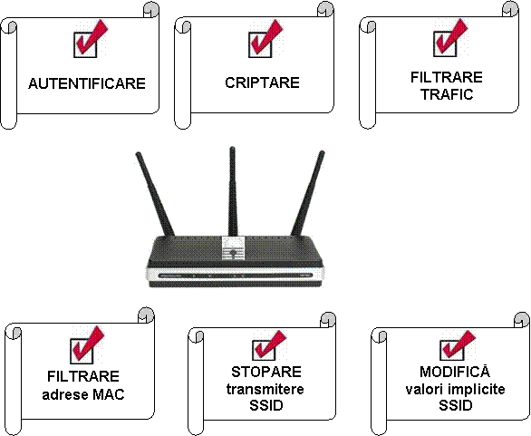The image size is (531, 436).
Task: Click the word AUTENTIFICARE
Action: (87, 83)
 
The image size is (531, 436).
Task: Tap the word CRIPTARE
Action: (263, 82)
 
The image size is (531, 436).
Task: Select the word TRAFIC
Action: (447, 94)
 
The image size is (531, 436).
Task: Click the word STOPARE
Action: (266, 372)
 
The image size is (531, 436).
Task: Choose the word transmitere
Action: (265, 389)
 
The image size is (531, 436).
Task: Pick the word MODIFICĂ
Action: (455, 371)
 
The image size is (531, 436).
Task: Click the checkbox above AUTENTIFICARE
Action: (85, 44)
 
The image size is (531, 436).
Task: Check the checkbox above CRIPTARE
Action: (260, 44)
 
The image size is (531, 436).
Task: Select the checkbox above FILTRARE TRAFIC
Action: (445, 44)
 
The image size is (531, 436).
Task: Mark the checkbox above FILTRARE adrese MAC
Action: (82, 352)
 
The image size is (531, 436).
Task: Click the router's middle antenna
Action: (232, 191)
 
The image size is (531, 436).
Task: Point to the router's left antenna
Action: (155, 194)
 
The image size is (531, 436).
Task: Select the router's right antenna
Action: (308, 193)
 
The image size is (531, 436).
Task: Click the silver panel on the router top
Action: (233, 248)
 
